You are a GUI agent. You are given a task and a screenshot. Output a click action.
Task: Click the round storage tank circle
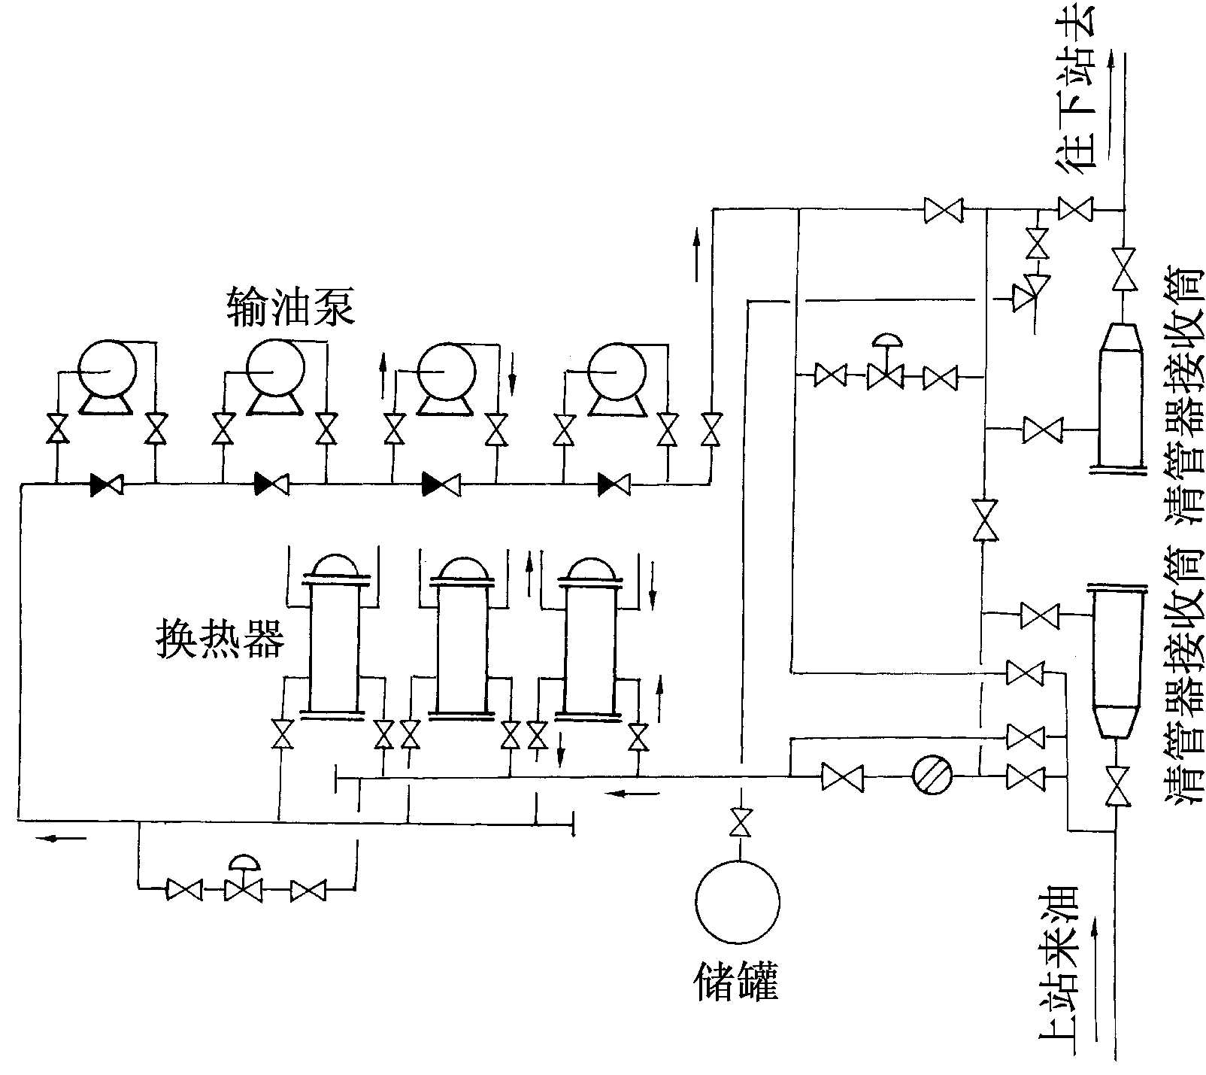[738, 902]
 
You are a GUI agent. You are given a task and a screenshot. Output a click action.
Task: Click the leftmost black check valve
[106, 484]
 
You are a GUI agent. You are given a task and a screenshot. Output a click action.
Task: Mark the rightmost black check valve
[614, 484]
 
